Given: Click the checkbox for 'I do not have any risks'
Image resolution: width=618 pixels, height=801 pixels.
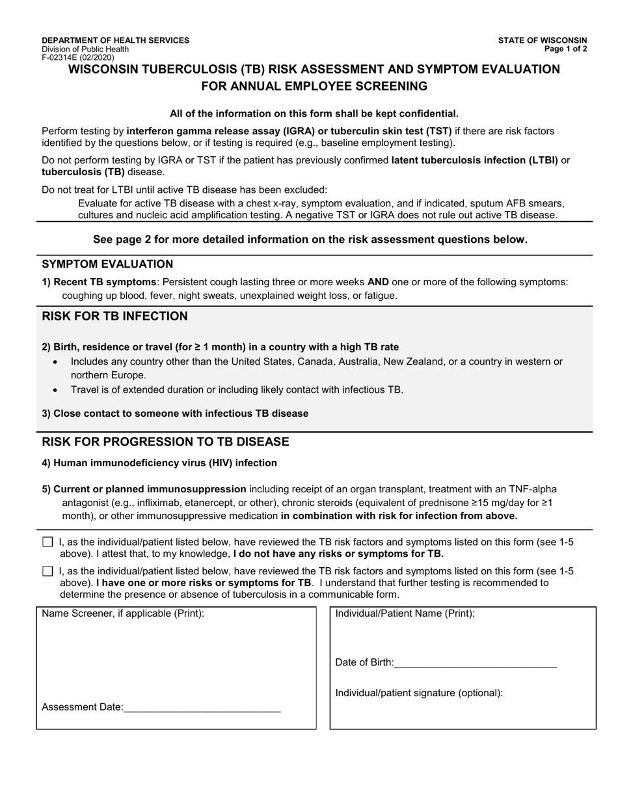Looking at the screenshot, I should click(x=47, y=542).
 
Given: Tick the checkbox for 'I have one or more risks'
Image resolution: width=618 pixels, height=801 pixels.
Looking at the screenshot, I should click(x=47, y=571).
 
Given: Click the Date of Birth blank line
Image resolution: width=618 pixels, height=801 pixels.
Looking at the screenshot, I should click(x=475, y=663).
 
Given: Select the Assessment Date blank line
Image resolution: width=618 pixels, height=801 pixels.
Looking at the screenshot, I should click(x=202, y=707).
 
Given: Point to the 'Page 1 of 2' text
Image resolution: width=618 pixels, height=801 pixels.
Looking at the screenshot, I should click(x=566, y=49).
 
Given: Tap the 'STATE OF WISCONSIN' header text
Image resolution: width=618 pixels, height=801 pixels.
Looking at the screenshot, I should click(x=543, y=40).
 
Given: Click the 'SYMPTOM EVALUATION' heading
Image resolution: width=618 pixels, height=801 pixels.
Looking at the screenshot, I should click(x=107, y=264).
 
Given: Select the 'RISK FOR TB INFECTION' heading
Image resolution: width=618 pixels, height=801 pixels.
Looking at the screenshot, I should click(x=114, y=316).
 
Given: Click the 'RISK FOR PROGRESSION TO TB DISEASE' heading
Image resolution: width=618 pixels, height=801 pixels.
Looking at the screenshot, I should click(x=165, y=442).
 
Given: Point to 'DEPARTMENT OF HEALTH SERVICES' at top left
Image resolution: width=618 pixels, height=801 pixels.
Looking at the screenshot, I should click(x=116, y=40).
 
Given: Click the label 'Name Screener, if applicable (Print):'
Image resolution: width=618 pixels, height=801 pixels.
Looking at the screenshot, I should click(x=123, y=613).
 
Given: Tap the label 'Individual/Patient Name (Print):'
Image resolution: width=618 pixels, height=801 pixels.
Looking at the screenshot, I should click(x=405, y=613).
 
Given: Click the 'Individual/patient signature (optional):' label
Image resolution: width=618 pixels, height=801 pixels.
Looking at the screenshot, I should click(x=419, y=693).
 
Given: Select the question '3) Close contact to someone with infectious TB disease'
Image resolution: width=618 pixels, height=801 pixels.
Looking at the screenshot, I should click(x=175, y=414).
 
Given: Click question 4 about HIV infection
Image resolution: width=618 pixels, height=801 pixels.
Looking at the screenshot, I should click(x=159, y=463).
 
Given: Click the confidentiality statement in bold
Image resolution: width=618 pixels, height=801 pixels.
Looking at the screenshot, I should click(x=314, y=113).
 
